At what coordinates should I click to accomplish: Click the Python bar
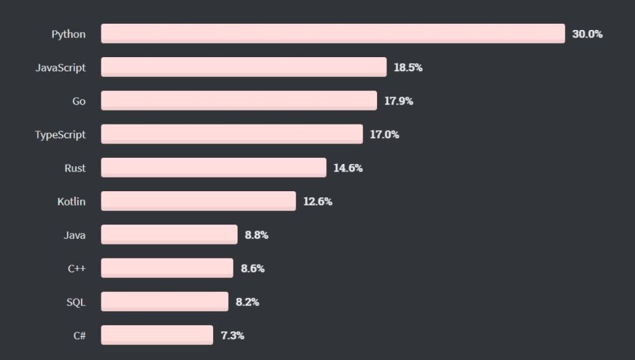click(333, 34)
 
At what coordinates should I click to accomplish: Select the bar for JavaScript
click(244, 67)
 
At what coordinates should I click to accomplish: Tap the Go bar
click(239, 101)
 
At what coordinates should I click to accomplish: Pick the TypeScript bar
click(232, 134)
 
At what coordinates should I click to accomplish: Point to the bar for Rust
click(214, 167)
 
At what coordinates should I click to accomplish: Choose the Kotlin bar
click(199, 201)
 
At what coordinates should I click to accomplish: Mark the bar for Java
click(169, 234)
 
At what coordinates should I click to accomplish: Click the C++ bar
click(167, 267)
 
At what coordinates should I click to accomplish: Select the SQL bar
click(165, 301)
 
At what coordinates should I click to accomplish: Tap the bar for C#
click(157, 334)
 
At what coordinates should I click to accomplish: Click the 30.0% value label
click(587, 34)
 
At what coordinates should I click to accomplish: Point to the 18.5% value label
click(408, 67)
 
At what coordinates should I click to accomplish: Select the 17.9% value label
click(399, 101)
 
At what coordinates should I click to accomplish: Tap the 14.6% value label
click(348, 167)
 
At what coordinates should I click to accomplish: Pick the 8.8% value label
click(257, 234)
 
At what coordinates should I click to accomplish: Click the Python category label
click(69, 34)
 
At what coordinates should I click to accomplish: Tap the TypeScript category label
click(61, 134)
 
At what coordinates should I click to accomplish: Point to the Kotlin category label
click(71, 201)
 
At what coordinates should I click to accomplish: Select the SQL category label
click(76, 301)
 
